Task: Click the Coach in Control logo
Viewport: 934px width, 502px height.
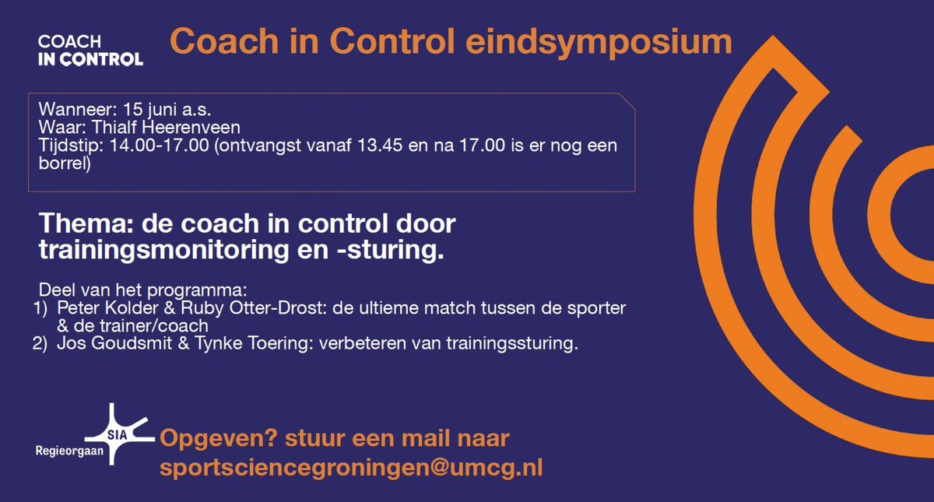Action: (90, 50)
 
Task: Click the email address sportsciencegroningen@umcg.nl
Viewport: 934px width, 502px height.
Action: (351, 468)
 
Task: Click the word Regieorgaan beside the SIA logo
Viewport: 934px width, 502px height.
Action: (68, 451)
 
